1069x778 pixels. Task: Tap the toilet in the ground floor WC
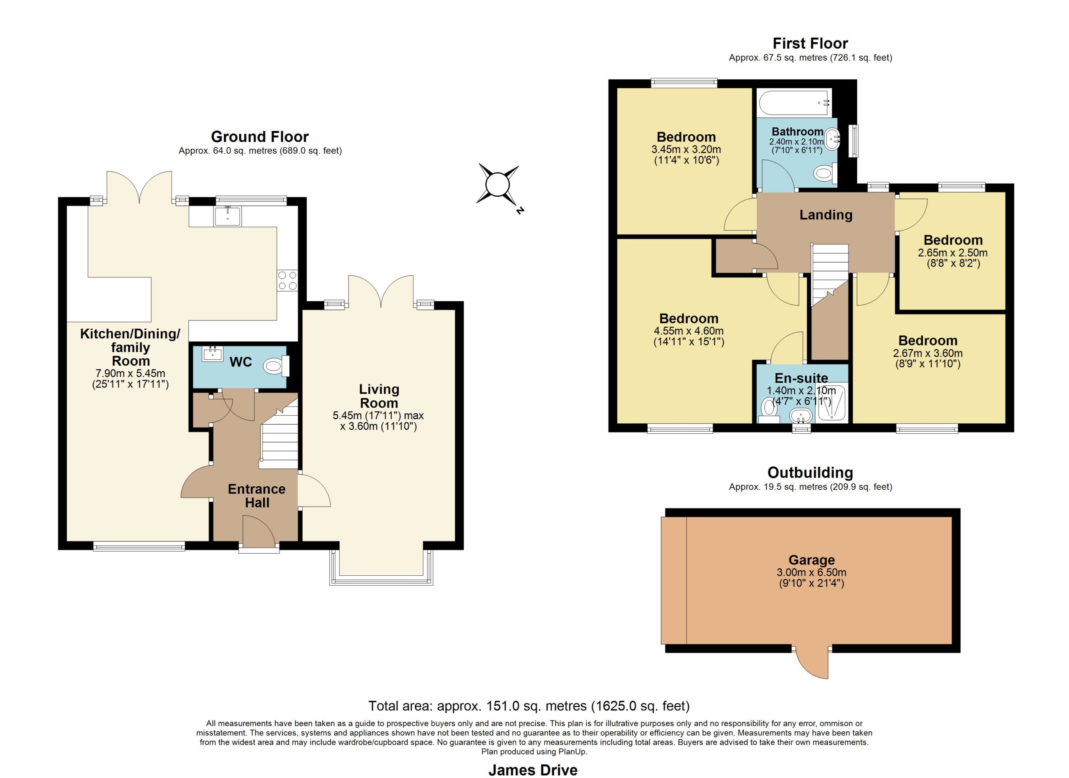pyautogui.click(x=276, y=366)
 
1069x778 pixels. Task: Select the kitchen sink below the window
pyautogui.click(x=228, y=216)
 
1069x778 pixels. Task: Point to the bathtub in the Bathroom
pyautogui.click(x=794, y=102)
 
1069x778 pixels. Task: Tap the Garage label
pyautogui.click(x=812, y=560)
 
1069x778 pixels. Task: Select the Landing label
pyautogui.click(x=826, y=215)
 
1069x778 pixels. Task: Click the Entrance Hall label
pyautogui.click(x=257, y=496)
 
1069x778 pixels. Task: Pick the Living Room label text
pyautogui.click(x=379, y=396)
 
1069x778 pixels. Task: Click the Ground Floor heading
pyautogui.click(x=260, y=137)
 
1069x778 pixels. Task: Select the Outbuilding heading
pyautogui.click(x=810, y=473)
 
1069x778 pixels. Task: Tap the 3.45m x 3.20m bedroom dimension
pyautogui.click(x=686, y=150)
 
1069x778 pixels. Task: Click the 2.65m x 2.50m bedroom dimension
pyautogui.click(x=952, y=253)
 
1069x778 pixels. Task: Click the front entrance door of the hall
pyautogui.click(x=259, y=531)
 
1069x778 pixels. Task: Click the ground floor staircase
pyautogui.click(x=279, y=433)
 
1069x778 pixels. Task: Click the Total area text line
pyautogui.click(x=529, y=706)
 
